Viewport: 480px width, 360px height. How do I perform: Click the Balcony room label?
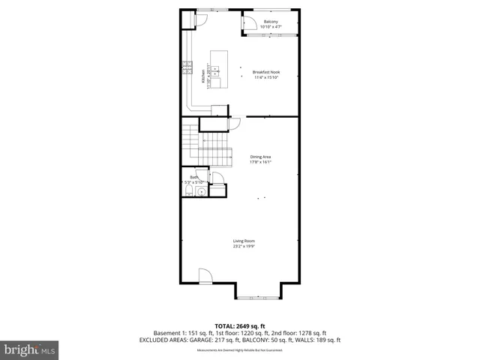271,22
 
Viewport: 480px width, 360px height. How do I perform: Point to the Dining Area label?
260,156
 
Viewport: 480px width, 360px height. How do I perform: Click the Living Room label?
243,241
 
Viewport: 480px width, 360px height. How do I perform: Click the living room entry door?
205,274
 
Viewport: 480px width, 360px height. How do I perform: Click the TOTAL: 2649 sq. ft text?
240,326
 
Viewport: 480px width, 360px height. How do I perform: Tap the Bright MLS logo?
30,349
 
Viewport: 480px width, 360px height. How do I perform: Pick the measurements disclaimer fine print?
240,350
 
